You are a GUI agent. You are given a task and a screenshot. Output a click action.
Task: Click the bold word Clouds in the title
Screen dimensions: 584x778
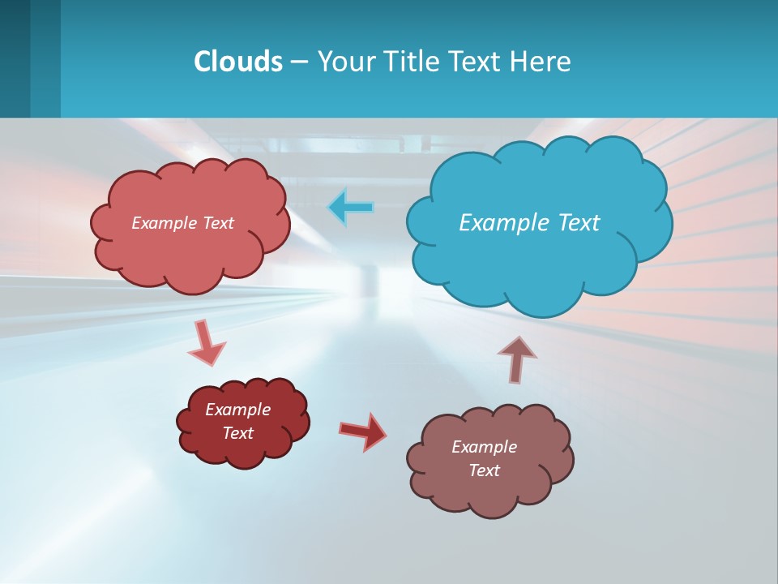point(237,62)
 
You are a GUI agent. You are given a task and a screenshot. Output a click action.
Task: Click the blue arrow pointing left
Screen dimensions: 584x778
point(351,207)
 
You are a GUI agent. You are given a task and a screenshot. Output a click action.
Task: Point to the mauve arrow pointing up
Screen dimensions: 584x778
point(516,358)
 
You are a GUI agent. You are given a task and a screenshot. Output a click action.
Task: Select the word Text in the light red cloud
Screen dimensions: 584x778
point(216,223)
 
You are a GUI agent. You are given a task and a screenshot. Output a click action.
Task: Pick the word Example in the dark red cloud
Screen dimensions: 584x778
point(237,410)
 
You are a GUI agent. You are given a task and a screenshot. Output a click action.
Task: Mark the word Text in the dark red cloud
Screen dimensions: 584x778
point(237,433)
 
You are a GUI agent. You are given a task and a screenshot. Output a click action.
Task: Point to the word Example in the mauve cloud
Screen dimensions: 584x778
point(484,447)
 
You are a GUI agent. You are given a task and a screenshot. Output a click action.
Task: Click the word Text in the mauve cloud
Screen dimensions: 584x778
point(484,470)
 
